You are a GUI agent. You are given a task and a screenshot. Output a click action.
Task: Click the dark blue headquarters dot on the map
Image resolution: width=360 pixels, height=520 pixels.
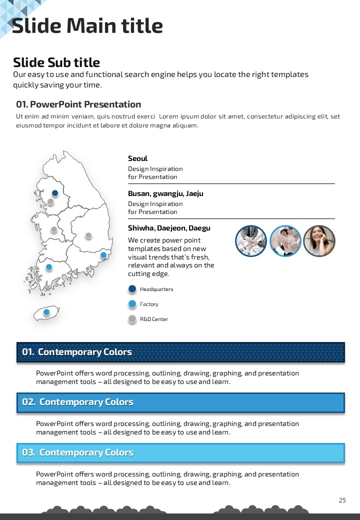pos(55,193)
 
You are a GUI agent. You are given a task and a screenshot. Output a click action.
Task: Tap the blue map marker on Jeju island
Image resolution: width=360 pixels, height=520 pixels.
pos(46,312)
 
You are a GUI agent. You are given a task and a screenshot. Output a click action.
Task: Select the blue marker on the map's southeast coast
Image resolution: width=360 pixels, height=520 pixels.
pos(103,255)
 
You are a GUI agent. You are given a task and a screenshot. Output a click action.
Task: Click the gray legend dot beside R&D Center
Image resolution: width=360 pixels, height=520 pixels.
pos(132,319)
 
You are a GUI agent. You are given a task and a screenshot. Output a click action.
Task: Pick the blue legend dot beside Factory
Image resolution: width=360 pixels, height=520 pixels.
pos(132,304)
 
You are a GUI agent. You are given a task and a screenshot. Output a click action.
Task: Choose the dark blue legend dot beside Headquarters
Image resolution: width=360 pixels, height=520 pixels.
pos(132,289)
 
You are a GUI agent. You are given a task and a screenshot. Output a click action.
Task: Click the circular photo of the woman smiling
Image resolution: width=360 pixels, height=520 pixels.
pos(319,241)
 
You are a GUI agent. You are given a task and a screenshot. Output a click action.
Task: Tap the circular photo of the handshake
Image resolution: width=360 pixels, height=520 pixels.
pos(251,241)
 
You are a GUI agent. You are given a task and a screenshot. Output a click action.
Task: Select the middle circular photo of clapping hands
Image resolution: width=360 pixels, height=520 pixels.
pos(285,241)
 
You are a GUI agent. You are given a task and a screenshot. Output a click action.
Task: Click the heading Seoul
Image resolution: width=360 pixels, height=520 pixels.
pos(137,158)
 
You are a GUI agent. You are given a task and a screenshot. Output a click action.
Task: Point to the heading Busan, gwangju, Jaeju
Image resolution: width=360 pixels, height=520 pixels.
pos(165,193)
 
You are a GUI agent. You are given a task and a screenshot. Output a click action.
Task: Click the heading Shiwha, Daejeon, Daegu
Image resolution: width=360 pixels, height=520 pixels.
pos(169,228)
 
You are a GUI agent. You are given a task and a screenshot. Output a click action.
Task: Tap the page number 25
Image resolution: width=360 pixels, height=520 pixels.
pos(342,500)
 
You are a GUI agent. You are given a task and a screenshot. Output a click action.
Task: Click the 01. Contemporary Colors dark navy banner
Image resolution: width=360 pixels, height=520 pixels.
pos(180,352)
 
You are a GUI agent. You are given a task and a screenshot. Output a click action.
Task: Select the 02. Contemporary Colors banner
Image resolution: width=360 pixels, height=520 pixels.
pos(180,402)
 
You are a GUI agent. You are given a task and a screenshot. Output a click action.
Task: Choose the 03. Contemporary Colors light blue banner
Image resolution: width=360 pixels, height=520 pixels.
pos(180,452)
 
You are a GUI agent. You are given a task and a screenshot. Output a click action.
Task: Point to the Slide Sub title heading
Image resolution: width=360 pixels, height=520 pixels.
pos(56,62)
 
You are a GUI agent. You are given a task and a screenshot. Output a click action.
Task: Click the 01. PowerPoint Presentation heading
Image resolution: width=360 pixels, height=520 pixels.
pos(78,104)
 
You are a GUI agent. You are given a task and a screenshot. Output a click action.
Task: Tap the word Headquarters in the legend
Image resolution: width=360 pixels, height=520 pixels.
pos(156,289)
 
